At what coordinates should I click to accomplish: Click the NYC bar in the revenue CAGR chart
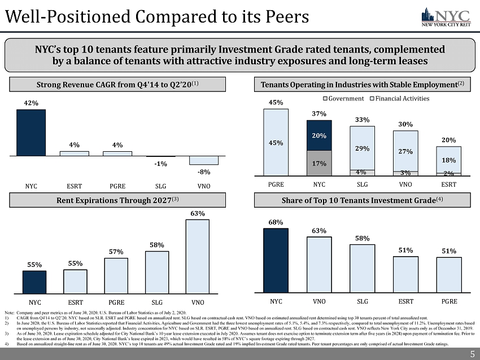click(x=31, y=132)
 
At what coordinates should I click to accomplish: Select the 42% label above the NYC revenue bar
click(x=31, y=103)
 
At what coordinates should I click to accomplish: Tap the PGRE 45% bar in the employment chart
click(x=276, y=142)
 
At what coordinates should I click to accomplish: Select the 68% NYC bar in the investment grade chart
click(x=276, y=260)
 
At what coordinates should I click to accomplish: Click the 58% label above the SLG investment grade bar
click(x=362, y=239)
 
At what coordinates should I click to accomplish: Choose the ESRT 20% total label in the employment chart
click(x=448, y=140)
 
